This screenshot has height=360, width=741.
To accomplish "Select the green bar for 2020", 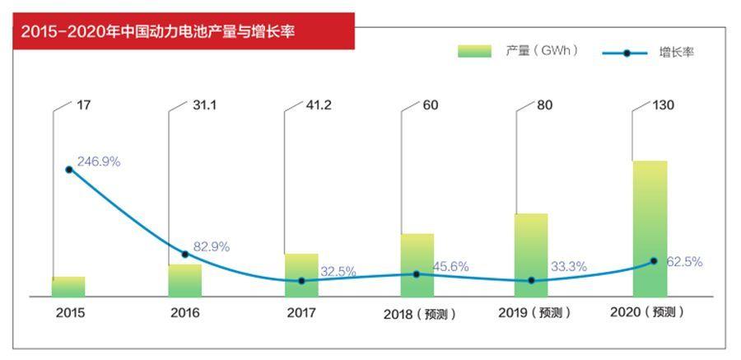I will tap(650, 228).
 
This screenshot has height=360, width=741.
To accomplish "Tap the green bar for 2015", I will tap(68, 287).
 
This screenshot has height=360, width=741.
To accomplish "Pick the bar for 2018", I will tap(417, 264).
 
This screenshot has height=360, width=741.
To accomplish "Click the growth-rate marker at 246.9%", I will tap(69, 169).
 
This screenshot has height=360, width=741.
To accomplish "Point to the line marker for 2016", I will tap(184, 254).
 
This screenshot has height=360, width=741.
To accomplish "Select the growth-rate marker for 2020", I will tap(654, 261).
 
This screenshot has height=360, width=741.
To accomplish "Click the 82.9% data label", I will tap(212, 246).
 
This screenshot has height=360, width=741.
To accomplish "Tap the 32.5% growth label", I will tap(338, 271).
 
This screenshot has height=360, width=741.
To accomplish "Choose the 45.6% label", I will tap(450, 266).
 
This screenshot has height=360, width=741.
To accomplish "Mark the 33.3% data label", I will tap(568, 266).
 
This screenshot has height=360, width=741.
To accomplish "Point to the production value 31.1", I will tap(204, 105).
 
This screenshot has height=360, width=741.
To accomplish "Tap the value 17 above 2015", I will tap(84, 105).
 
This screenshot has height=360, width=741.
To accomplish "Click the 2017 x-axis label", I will tap(301, 313).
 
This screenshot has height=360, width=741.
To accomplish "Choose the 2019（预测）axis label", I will tap(535, 313).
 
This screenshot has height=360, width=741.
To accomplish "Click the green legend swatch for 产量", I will tap(474, 51).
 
